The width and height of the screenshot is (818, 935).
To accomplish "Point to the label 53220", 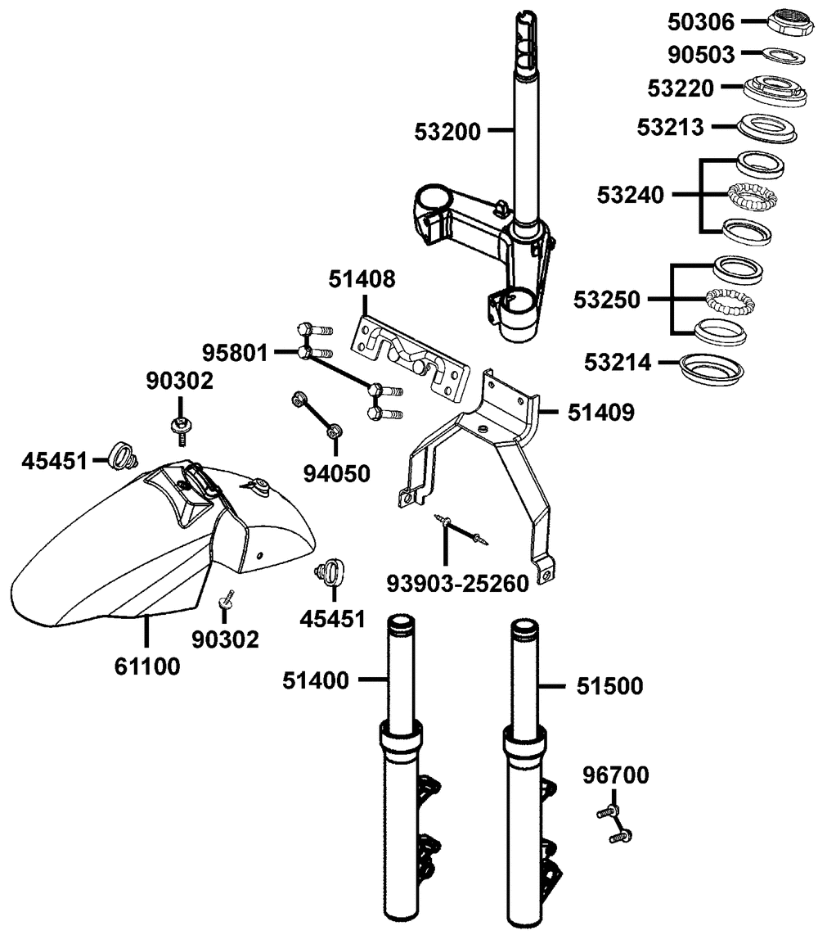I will point(681,88).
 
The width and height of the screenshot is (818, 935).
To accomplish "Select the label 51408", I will point(362,280).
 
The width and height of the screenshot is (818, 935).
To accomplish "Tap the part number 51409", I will point(600,411).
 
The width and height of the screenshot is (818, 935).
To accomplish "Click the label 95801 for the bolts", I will point(236,353).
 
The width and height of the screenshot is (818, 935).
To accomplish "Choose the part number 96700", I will point(616,775).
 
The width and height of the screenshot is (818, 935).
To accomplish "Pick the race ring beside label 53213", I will point(764,128).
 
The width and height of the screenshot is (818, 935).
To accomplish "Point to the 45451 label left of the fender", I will point(54,461).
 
